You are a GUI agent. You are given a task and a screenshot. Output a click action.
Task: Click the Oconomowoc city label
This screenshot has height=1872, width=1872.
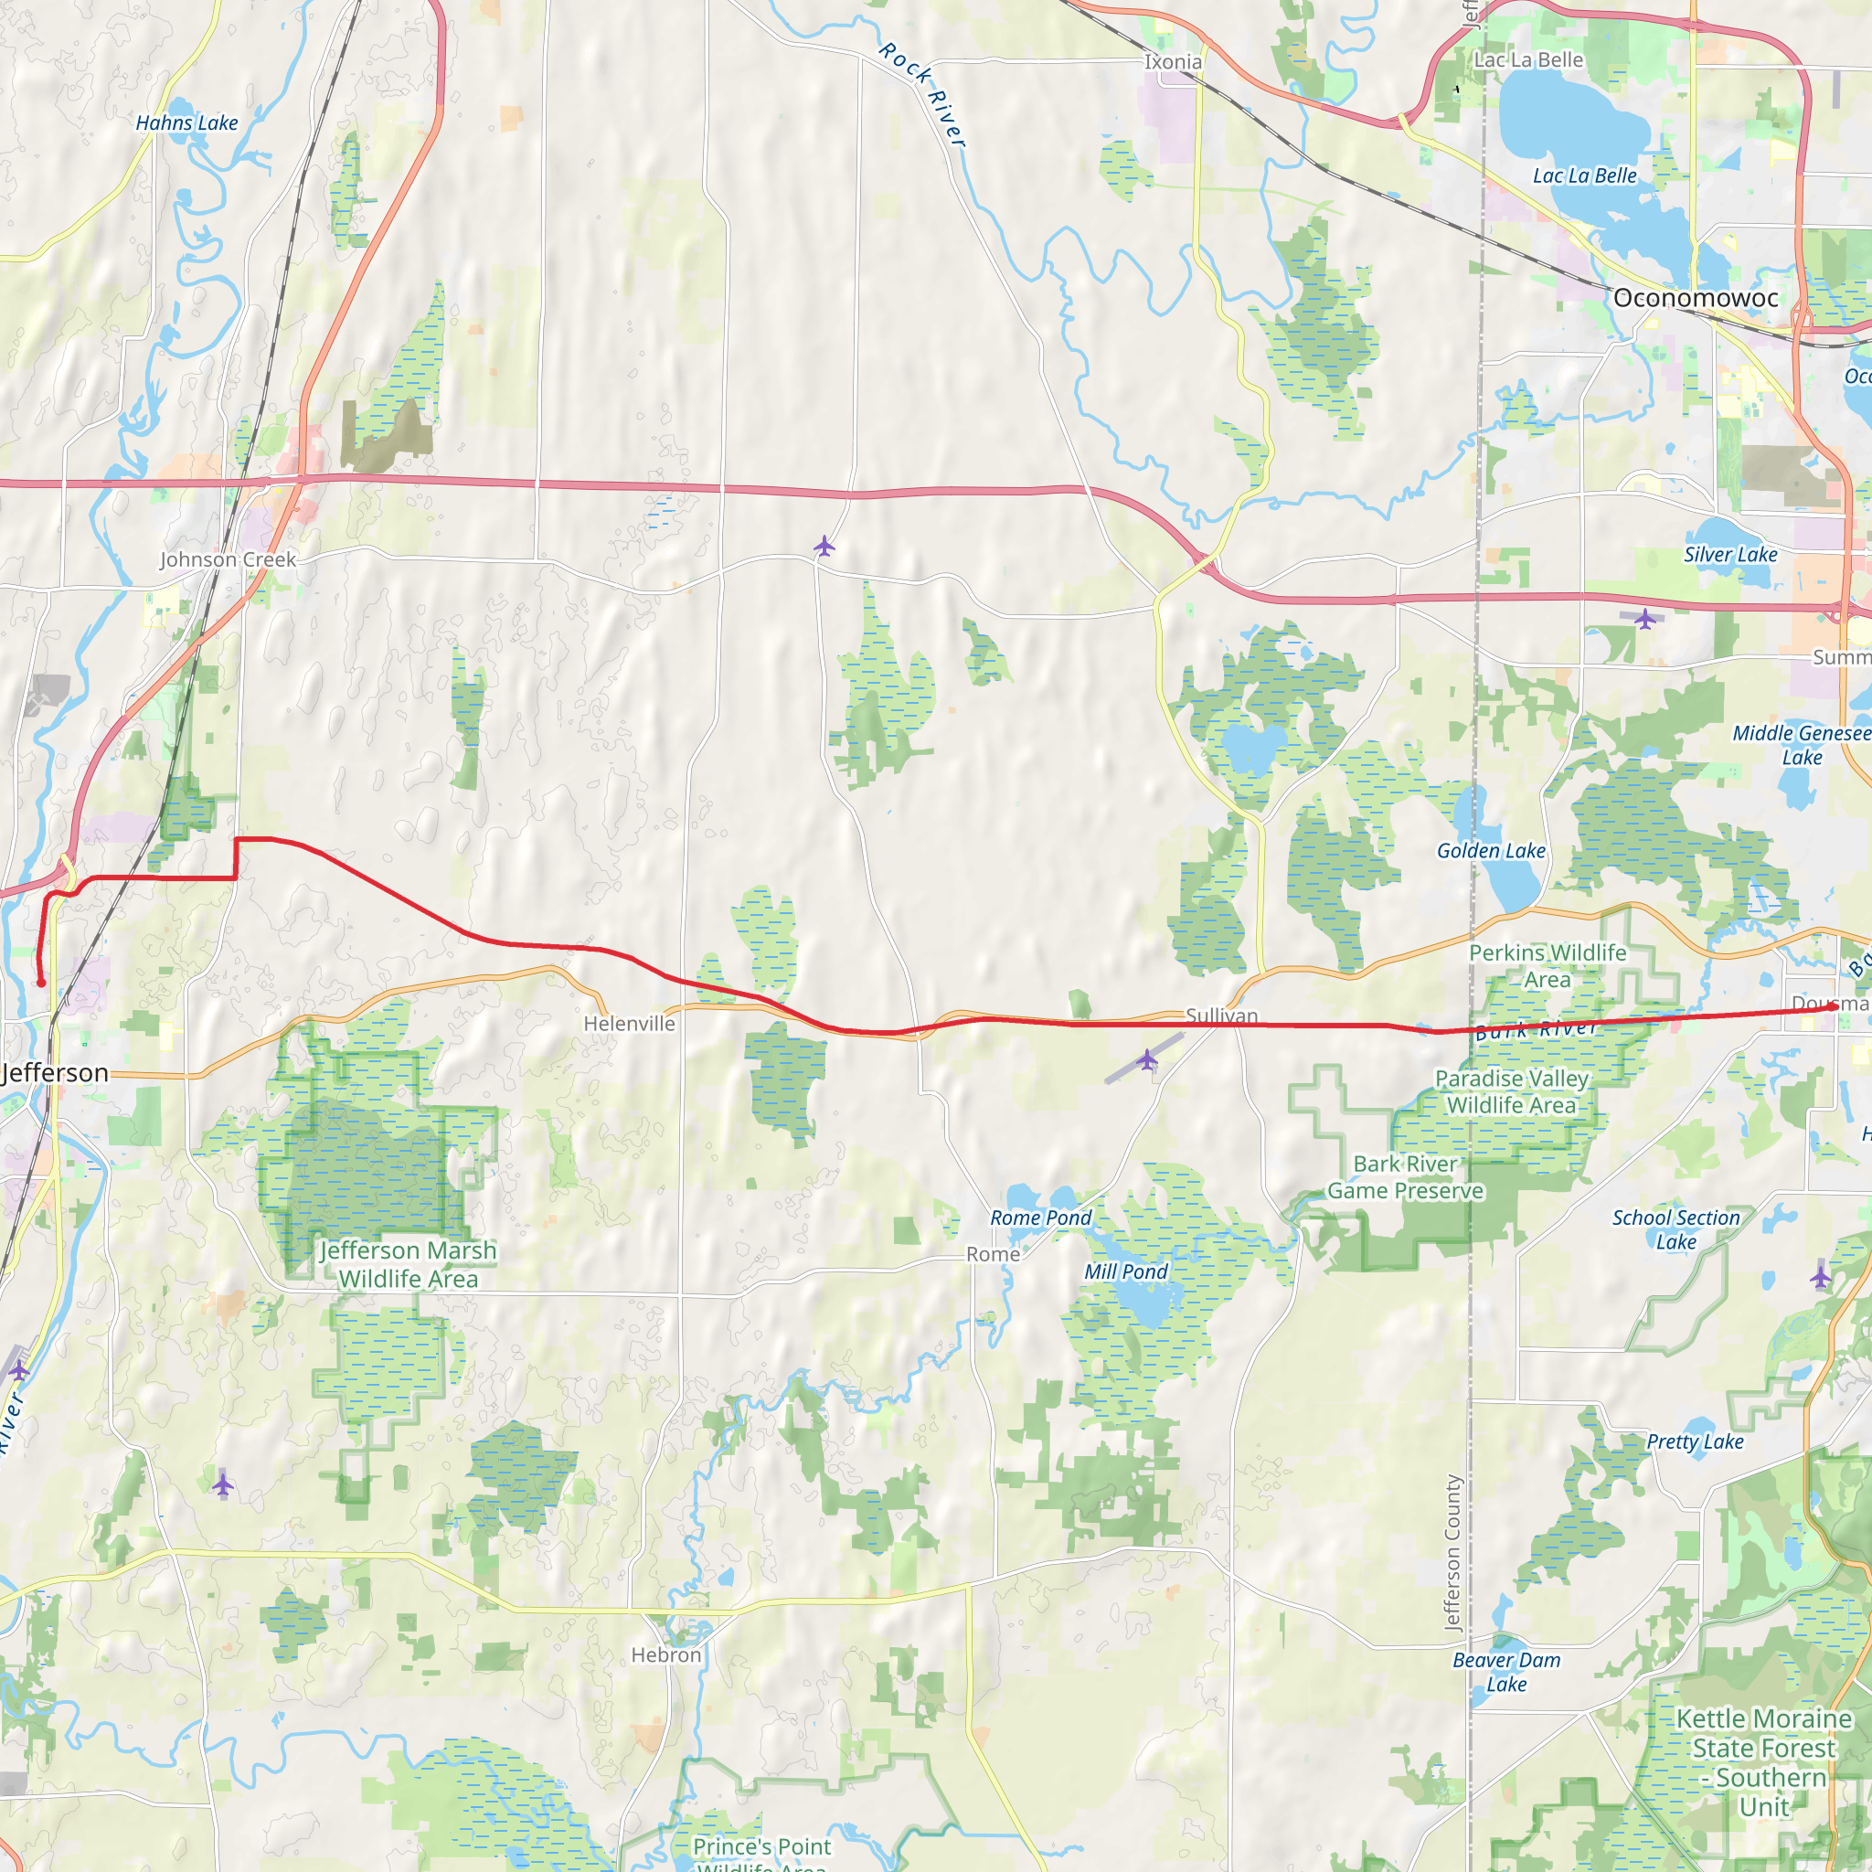click(x=1696, y=297)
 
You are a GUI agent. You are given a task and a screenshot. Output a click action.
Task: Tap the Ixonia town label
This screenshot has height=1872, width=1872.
click(x=1173, y=62)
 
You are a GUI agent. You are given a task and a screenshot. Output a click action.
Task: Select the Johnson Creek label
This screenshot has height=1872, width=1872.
click(x=228, y=559)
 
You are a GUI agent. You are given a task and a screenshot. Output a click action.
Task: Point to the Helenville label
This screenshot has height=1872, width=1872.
click(x=629, y=1023)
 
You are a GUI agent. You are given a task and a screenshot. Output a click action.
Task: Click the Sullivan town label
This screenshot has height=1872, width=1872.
click(x=1222, y=1016)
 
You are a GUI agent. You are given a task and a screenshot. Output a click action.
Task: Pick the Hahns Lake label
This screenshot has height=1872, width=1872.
click(x=186, y=123)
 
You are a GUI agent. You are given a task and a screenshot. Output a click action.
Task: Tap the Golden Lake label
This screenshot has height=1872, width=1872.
click(x=1491, y=851)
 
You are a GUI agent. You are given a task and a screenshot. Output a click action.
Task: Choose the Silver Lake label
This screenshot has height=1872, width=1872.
click(x=1730, y=554)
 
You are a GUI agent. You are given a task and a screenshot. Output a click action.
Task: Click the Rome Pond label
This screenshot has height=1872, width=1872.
click(x=1040, y=1218)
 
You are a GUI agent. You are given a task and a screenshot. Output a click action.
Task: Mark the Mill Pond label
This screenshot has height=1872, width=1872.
click(x=1126, y=1271)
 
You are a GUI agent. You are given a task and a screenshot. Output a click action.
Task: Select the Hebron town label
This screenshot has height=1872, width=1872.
click(x=665, y=1655)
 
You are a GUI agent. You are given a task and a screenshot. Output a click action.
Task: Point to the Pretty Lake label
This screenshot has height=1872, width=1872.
click(x=1696, y=1441)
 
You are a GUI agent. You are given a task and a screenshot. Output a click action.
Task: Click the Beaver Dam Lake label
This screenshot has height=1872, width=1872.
click(x=1506, y=1672)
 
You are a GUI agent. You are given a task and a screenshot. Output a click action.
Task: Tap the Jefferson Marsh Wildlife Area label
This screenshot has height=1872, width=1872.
click(x=408, y=1264)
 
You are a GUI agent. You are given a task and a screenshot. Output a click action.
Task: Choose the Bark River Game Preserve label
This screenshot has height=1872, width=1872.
click(x=1405, y=1177)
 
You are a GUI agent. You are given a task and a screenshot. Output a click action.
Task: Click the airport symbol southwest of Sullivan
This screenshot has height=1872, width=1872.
click(x=1147, y=1059)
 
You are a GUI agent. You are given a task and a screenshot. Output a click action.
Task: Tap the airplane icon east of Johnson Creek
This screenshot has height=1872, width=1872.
click(x=824, y=547)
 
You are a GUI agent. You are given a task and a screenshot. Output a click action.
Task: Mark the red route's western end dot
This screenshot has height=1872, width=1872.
click(x=41, y=984)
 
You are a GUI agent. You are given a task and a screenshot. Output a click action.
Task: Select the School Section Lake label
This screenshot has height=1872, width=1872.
click(x=1676, y=1229)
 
